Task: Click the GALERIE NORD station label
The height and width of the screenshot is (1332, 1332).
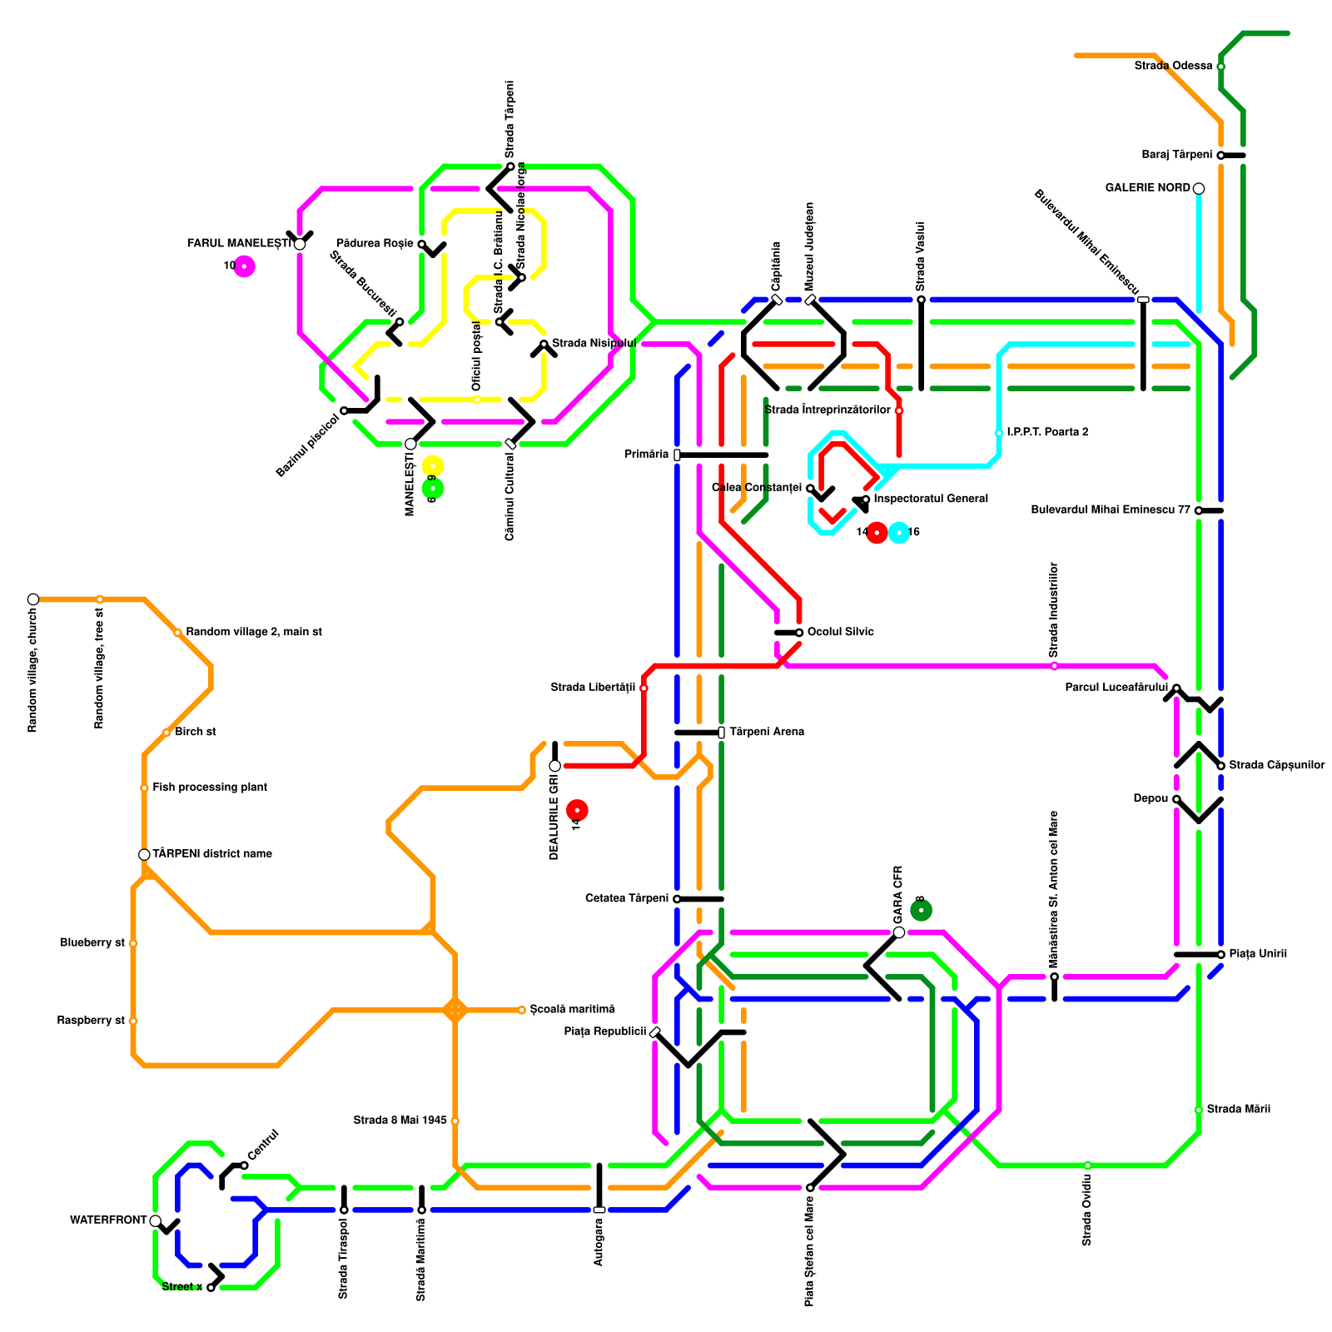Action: [x=1147, y=188]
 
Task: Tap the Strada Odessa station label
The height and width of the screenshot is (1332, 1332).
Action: [x=1173, y=66]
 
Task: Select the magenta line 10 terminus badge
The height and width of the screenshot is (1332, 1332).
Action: [x=244, y=266]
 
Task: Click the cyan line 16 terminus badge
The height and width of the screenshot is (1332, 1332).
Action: [x=899, y=533]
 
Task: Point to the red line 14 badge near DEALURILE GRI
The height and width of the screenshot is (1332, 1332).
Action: [x=577, y=810]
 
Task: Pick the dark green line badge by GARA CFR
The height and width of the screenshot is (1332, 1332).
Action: [x=921, y=910]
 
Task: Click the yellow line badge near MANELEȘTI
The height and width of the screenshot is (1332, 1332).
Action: [x=433, y=466]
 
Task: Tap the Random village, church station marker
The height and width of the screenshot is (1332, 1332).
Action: [x=33, y=599]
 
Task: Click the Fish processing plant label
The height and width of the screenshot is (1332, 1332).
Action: [x=210, y=788]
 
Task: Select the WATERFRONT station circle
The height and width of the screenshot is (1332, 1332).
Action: [x=156, y=1220]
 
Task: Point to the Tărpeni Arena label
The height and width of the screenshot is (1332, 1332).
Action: [x=767, y=733]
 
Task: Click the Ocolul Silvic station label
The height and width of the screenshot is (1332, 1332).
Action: [x=841, y=633]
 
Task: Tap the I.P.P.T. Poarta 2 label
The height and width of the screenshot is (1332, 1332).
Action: [x=1047, y=433]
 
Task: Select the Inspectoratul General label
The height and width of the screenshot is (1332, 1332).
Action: [x=931, y=499]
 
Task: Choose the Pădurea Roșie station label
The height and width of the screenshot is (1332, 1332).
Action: [x=375, y=244]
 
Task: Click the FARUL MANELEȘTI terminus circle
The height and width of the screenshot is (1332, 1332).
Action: [x=300, y=244]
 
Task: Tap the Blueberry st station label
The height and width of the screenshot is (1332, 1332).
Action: [x=92, y=943]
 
